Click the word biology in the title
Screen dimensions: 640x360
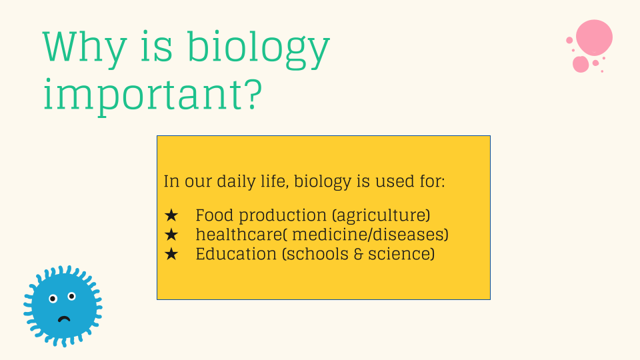click(258, 49)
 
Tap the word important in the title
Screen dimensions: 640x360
click(144, 95)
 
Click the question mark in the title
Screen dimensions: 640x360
click(253, 95)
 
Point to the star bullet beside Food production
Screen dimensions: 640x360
click(171, 215)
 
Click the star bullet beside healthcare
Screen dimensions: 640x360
click(171, 235)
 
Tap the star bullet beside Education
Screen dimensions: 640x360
click(171, 254)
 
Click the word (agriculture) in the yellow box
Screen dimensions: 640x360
click(381, 215)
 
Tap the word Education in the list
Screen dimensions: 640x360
click(236, 254)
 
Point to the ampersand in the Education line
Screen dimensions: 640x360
click(359, 254)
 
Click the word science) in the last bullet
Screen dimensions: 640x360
click(401, 254)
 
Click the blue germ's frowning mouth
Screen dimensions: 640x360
click(64, 319)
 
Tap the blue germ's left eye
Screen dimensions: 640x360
click(53, 299)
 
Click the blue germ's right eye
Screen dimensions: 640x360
click(72, 296)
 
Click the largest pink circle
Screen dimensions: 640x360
click(594, 37)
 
